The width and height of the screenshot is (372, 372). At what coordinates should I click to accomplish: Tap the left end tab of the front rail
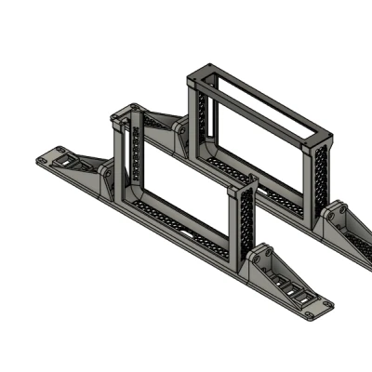click(50, 157)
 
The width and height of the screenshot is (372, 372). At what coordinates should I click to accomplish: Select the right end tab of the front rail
click(316, 308)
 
